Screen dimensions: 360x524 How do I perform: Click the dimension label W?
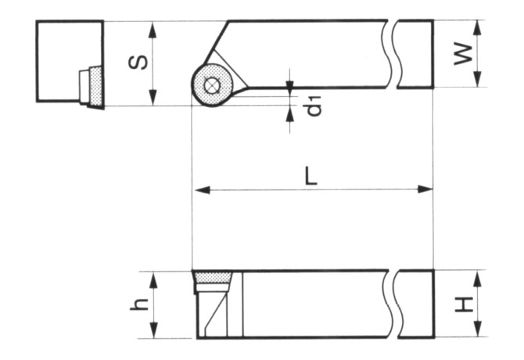[x=464, y=53]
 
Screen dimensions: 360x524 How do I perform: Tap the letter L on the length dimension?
[x=311, y=176]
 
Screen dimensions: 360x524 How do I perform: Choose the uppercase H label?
[x=464, y=304]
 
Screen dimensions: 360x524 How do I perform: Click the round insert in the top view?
[x=212, y=85]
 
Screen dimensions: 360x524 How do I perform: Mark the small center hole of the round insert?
[x=212, y=85]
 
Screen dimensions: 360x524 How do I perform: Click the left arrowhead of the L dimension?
[x=199, y=189]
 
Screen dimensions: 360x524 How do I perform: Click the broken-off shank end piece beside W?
[x=415, y=53]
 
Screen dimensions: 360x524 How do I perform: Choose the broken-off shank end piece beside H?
[x=415, y=304]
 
